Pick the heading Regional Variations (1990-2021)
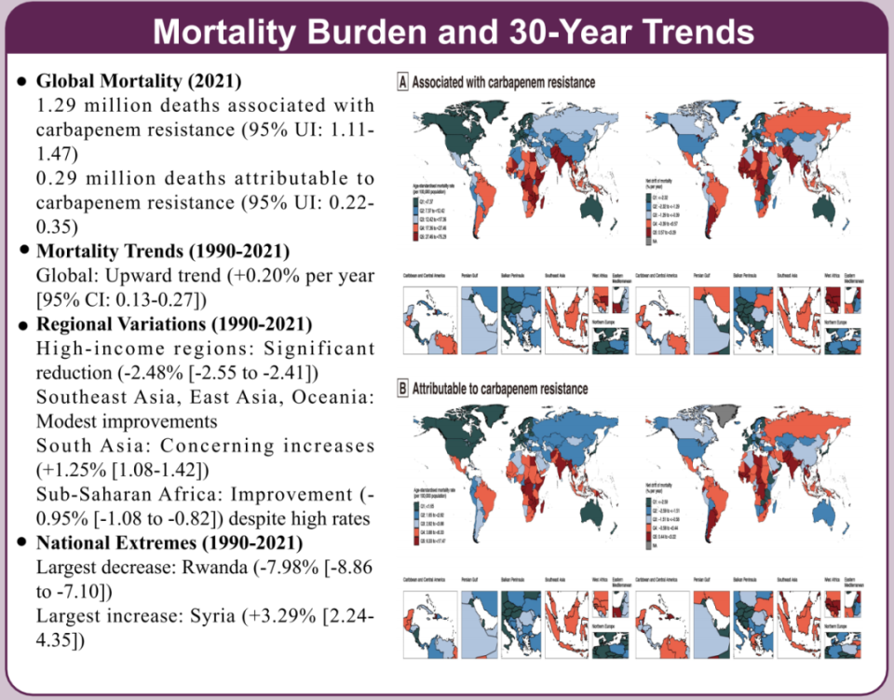173,324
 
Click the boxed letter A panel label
402,82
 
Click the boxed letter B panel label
402,388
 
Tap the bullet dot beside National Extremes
22,543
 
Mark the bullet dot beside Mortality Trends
22,252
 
